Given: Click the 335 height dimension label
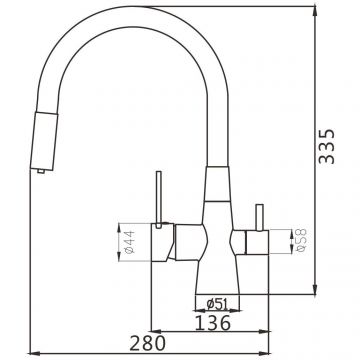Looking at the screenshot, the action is [x=326, y=146].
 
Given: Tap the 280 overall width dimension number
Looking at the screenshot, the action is [x=147, y=343].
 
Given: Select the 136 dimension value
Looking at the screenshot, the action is [x=212, y=323].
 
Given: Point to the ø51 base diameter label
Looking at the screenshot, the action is [x=217, y=304].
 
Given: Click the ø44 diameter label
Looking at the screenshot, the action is [x=130, y=242].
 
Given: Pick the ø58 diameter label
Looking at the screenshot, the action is [x=301, y=240].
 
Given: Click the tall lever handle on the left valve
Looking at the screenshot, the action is [x=159, y=199].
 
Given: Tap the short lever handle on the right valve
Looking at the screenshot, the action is [x=259, y=217].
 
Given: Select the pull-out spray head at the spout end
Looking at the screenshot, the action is [x=44, y=141].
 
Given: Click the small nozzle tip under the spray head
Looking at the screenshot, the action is [x=41, y=171].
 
